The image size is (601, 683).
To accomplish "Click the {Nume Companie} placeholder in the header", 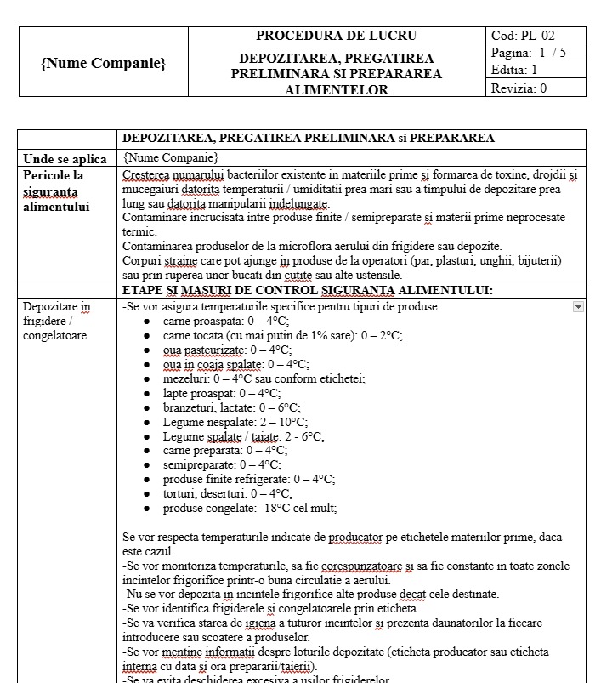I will [103, 63].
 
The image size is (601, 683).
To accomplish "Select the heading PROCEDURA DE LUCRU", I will [336, 36].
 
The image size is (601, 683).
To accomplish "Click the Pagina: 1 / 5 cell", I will [528, 53].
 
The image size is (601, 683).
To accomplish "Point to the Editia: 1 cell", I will [514, 71].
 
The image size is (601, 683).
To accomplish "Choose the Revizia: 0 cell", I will [519, 88].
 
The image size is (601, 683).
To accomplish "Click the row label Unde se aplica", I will [65, 159].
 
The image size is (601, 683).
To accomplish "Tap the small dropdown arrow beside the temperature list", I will [578, 306].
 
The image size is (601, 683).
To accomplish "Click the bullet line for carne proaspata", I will [226, 321].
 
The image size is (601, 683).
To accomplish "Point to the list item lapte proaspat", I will [221, 393].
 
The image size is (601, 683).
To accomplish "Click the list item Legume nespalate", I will [235, 422].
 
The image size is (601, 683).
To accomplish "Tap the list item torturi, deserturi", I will [227, 493].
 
